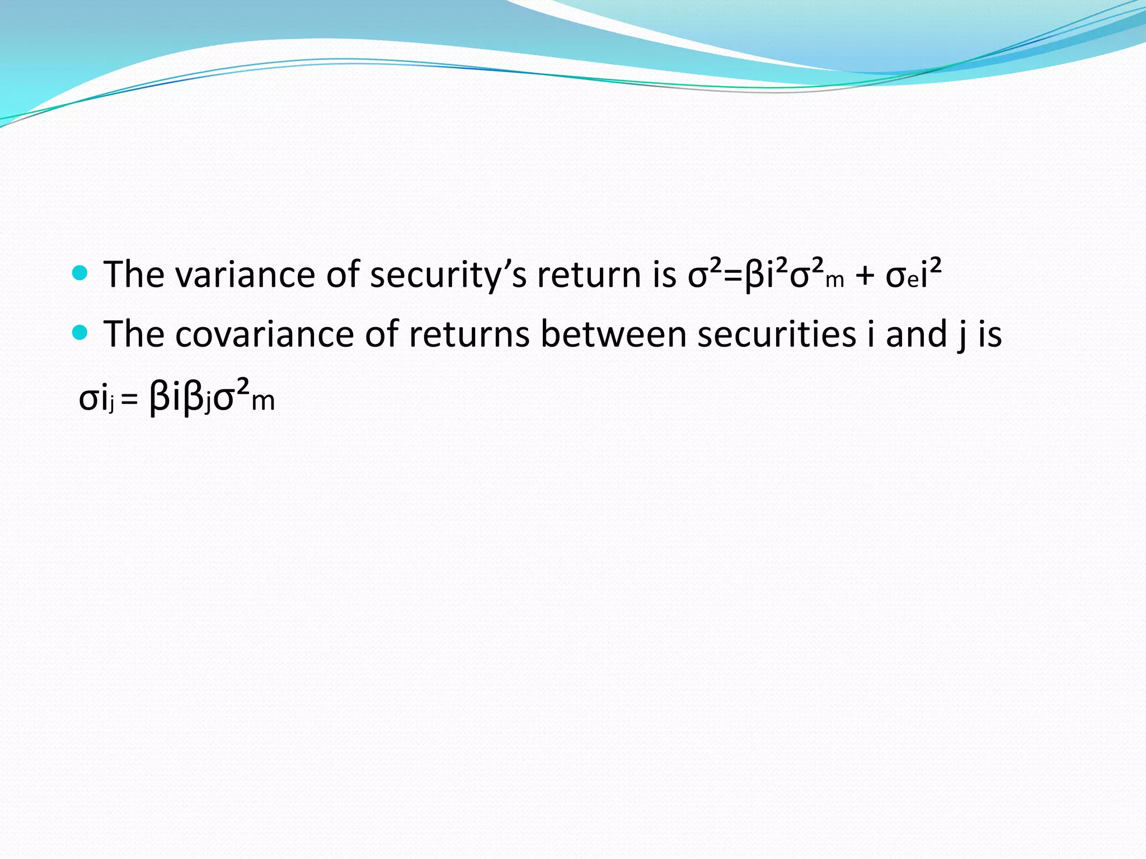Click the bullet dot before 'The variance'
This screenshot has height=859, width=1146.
click(x=81, y=273)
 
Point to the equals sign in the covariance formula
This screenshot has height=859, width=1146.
click(x=129, y=400)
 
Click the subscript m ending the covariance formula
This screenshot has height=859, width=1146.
click(x=263, y=402)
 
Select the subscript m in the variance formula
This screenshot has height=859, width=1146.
click(x=834, y=280)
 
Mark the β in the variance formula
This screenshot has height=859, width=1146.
click(x=755, y=276)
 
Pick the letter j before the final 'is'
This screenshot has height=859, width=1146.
click(x=961, y=336)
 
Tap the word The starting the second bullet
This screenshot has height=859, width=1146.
click(x=134, y=334)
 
